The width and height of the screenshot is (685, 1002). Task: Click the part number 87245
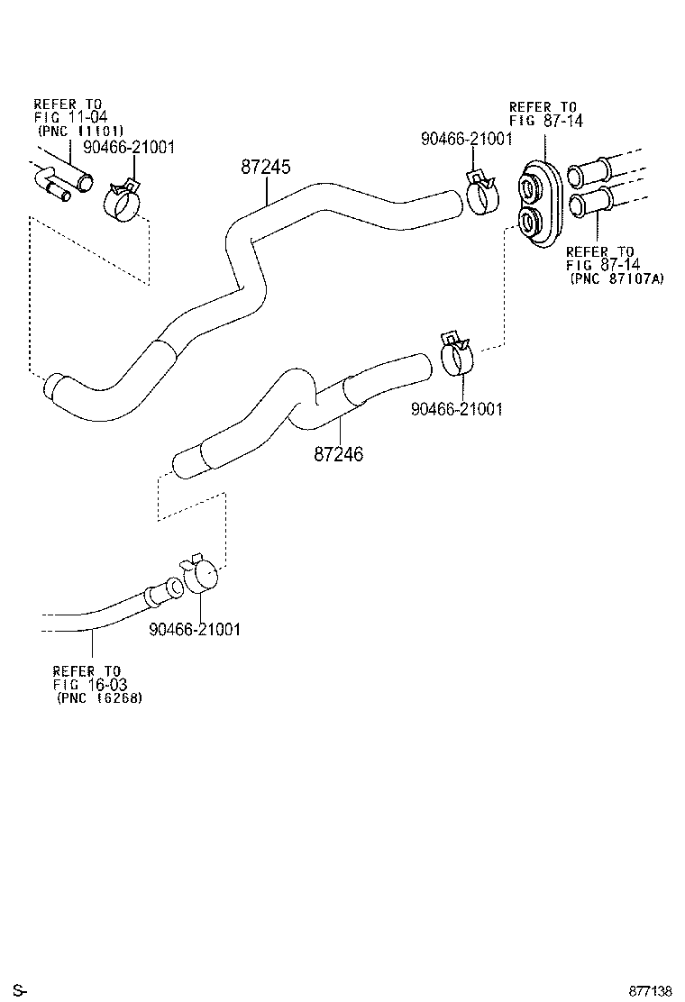[266, 167]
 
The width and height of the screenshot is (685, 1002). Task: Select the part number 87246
[339, 455]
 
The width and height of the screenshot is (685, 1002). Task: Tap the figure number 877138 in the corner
[651, 991]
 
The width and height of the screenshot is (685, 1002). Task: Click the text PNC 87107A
[617, 279]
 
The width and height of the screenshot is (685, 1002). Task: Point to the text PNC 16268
[100, 697]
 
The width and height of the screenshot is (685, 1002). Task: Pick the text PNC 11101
[79, 129]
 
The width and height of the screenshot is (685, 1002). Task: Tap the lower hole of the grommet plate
[528, 221]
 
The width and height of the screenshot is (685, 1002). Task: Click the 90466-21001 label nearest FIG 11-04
[129, 147]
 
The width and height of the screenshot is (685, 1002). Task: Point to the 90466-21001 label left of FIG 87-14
[466, 138]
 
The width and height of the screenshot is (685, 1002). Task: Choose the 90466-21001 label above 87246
[456, 409]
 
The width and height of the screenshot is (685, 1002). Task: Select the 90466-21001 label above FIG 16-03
[195, 630]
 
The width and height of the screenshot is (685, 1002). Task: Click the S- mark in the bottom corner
[19, 991]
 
